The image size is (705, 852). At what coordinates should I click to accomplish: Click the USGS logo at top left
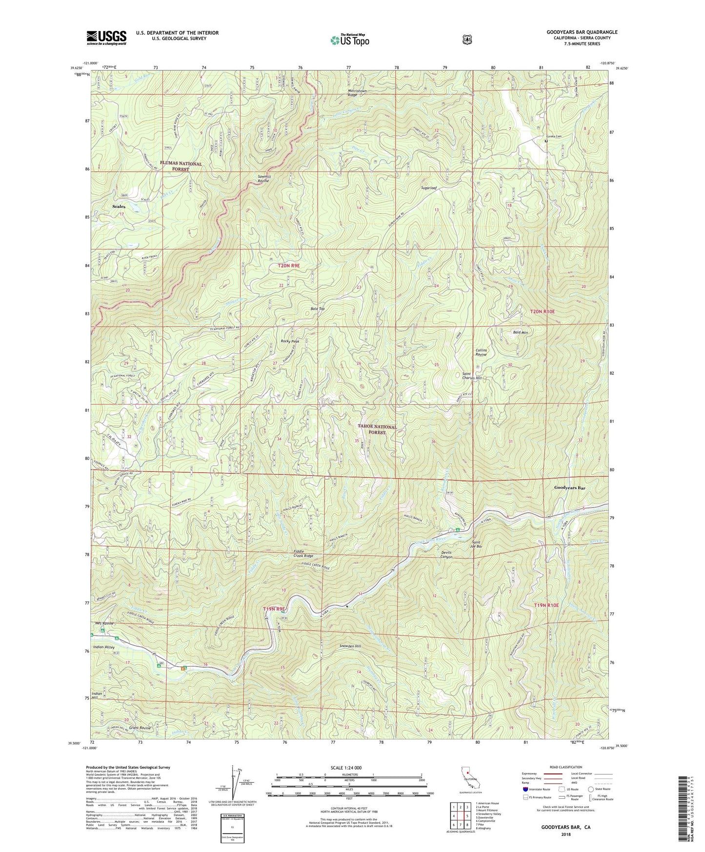click(106, 37)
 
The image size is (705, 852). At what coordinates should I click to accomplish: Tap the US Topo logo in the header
click(349, 40)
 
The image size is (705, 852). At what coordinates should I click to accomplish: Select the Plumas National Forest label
click(181, 166)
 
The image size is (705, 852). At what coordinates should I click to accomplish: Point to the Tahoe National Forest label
click(378, 429)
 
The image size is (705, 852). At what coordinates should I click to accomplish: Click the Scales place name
click(119, 206)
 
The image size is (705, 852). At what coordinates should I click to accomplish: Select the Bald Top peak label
click(318, 309)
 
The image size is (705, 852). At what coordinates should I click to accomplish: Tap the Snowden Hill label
click(350, 646)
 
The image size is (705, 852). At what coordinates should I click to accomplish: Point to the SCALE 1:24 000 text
click(346, 768)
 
